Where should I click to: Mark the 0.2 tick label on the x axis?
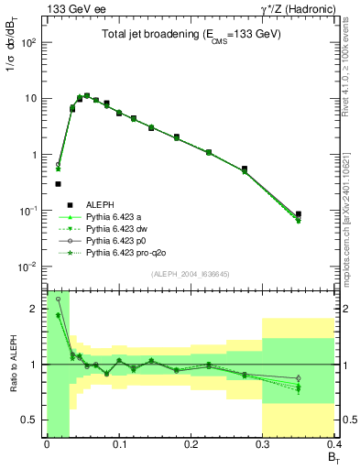(x=191, y=446)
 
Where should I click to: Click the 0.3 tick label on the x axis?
(x=263, y=446)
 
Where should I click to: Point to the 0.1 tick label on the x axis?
(x=118, y=446)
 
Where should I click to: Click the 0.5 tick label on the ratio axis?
(x=32, y=420)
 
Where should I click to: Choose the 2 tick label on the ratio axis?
(x=37, y=309)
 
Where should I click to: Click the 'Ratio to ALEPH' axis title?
(x=11, y=365)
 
